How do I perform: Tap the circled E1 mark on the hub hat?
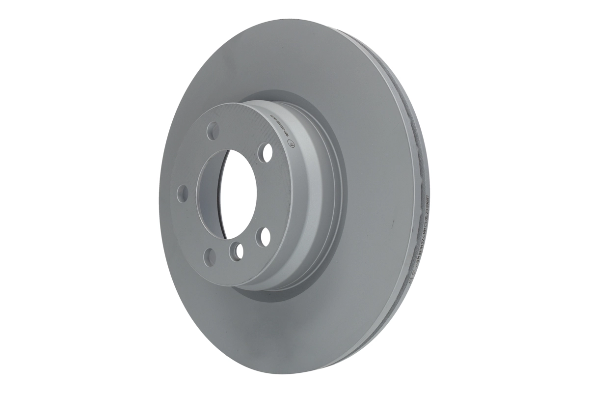[289, 144]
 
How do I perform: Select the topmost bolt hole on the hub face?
[213, 131]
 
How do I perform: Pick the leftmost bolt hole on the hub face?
[183, 193]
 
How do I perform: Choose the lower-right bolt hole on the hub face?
[265, 236]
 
